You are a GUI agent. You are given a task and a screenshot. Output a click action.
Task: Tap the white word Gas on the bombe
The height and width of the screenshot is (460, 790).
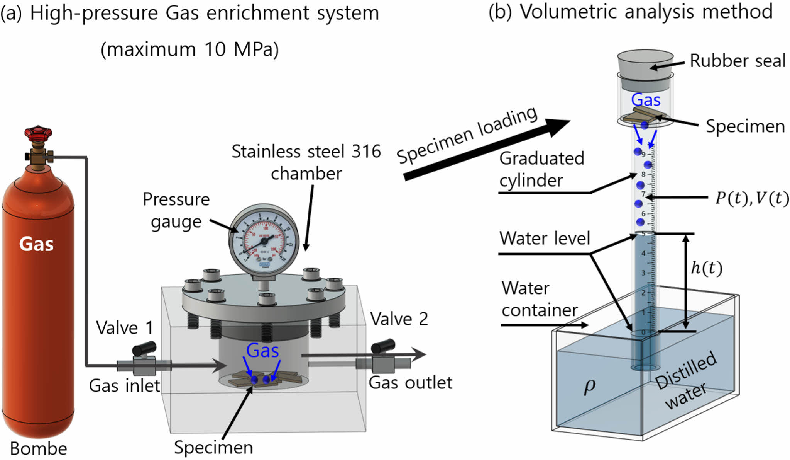click(36, 244)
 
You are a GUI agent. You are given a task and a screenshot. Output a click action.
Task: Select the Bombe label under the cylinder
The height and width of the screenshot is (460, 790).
click(38, 449)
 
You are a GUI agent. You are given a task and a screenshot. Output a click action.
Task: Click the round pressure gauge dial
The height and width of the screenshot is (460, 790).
click(264, 240)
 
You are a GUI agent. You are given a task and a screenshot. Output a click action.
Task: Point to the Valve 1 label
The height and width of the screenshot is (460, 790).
click(124, 328)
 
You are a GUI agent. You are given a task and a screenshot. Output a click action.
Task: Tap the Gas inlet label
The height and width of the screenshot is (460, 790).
click(124, 385)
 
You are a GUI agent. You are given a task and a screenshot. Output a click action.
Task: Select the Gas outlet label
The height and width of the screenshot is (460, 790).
click(410, 383)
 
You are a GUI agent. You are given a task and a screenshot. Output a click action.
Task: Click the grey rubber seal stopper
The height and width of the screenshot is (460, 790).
click(645, 64)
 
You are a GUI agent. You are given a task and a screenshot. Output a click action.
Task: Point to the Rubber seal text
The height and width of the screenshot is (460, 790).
click(737, 61)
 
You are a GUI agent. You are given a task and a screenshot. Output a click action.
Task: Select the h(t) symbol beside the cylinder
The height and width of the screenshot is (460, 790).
click(706, 267)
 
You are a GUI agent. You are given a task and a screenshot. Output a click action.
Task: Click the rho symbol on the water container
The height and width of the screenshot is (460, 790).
click(589, 385)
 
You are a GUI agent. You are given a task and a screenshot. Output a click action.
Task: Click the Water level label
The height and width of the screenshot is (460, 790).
click(545, 238)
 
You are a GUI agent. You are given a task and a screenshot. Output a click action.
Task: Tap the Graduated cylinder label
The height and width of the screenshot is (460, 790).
click(541, 169)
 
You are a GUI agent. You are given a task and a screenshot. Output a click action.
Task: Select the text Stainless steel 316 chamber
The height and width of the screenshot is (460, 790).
click(306, 162)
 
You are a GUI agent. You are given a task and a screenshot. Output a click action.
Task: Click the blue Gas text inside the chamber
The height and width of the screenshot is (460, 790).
click(262, 351)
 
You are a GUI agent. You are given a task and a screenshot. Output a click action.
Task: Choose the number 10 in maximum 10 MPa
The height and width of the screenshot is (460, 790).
click(215, 49)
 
